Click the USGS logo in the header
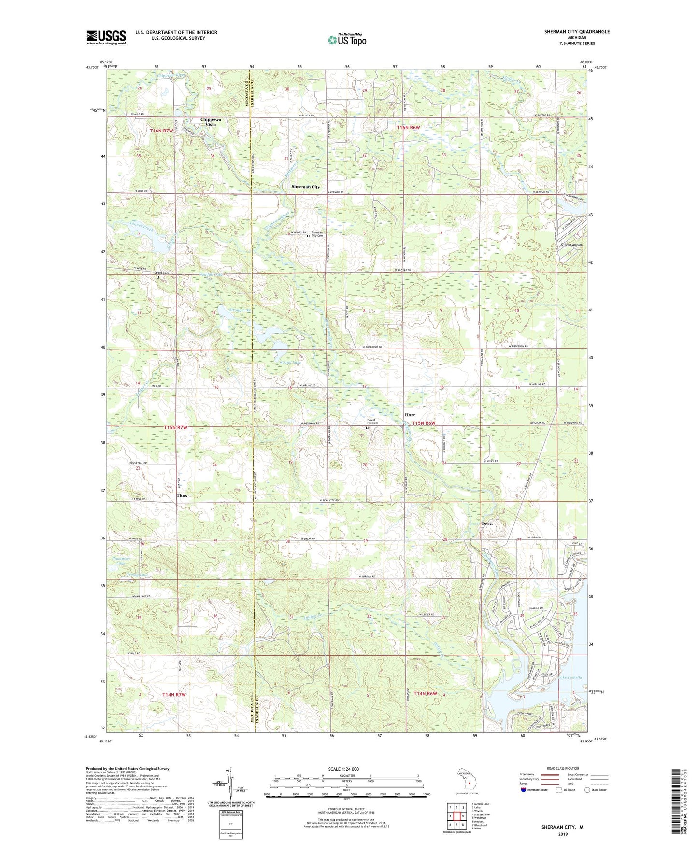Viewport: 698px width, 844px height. [x=106, y=37]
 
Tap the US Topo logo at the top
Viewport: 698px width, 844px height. [x=347, y=40]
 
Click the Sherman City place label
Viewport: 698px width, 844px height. [x=305, y=187]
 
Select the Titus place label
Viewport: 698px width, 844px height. [x=182, y=496]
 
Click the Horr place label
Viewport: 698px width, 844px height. [x=410, y=415]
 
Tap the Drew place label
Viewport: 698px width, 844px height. [x=487, y=524]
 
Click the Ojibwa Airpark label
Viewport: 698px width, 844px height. [x=571, y=245]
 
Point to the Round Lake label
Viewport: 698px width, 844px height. [x=290, y=362]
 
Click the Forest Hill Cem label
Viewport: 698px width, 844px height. [x=372, y=422]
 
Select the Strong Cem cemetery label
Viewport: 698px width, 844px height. [x=162, y=273]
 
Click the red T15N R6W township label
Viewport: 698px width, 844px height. [x=424, y=423]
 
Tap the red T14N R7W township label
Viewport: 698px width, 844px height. [x=174, y=695]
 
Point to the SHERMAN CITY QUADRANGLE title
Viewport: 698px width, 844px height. [x=577, y=32]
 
